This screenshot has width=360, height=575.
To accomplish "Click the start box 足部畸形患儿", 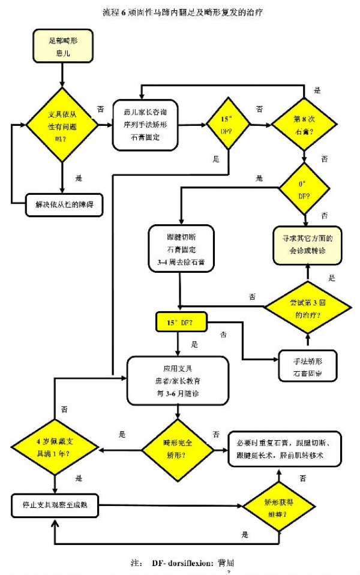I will click(x=62, y=48).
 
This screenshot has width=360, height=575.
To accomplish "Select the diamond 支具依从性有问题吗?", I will click(x=62, y=124).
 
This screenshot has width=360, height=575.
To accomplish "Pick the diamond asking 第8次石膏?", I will click(x=305, y=125).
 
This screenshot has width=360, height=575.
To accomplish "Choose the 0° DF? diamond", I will click(x=305, y=190).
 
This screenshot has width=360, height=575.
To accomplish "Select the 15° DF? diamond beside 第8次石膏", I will click(x=227, y=125).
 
